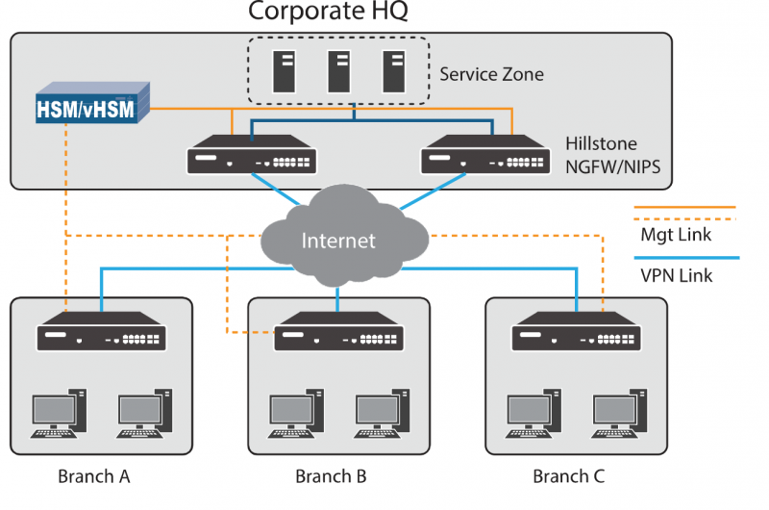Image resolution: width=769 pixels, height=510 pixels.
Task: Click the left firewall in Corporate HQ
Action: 252,158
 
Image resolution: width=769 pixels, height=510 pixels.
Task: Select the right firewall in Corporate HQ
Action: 483,158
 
